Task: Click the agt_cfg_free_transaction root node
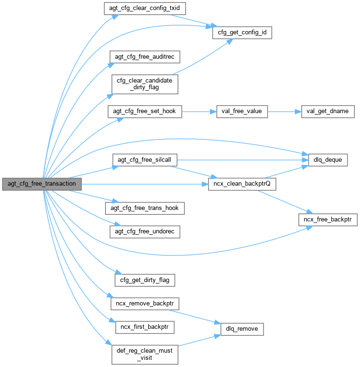[x=42, y=184]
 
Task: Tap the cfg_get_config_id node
[x=242, y=33]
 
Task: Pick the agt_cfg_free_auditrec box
[x=144, y=57]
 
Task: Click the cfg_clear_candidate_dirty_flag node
[x=144, y=84]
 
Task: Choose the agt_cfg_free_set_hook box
[x=144, y=112]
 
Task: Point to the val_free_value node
[x=242, y=112]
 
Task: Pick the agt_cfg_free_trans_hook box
[x=144, y=208]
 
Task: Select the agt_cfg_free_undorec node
[x=144, y=232]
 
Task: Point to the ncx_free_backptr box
[x=328, y=220]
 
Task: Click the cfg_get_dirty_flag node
[x=144, y=280]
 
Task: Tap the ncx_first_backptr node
[x=144, y=328]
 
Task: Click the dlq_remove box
[x=242, y=329]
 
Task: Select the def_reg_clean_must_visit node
[x=144, y=355]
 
